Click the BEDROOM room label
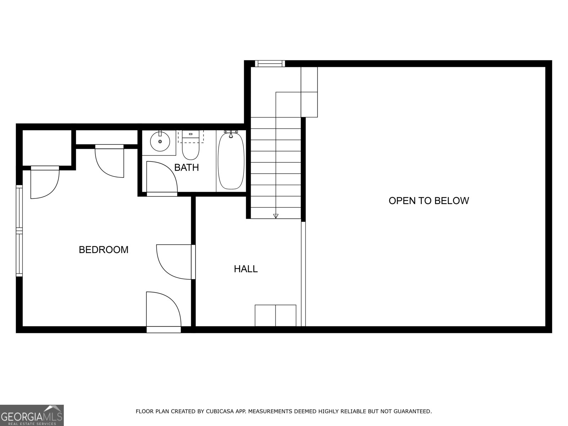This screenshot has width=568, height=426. [103, 250]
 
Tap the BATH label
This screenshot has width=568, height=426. [186, 168]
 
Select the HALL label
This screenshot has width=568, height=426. [246, 269]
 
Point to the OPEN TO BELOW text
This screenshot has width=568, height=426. [428, 201]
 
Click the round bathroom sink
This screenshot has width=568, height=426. [160, 142]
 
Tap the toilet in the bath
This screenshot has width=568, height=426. [191, 147]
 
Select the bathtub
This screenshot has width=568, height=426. [231, 160]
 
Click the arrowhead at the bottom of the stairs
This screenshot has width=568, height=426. [276, 216]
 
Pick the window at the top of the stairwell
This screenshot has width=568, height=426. [270, 64]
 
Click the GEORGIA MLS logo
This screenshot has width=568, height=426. [32, 415]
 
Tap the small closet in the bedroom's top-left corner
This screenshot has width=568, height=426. [47, 148]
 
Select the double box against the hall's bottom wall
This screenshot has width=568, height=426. [275, 315]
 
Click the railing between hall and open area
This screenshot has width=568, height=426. [303, 273]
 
